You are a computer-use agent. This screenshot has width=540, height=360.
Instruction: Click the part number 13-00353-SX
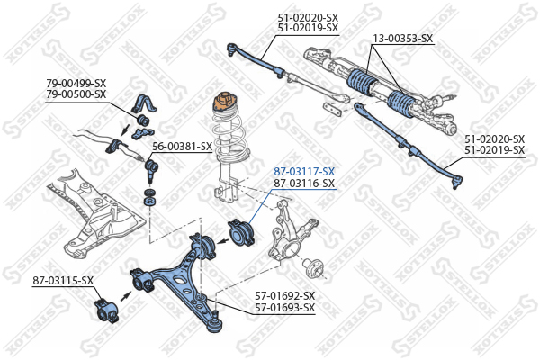pyautogui.click(x=403, y=39)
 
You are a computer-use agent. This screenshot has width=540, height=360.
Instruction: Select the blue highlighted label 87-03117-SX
pyautogui.click(x=304, y=171)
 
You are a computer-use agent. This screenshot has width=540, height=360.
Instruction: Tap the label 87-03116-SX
pyautogui.click(x=304, y=184)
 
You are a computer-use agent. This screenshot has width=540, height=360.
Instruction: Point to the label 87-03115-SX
pyautogui.click(x=63, y=281)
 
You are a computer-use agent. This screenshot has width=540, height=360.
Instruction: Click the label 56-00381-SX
pyautogui.click(x=182, y=147)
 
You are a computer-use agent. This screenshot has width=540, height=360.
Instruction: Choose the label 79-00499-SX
pyautogui.click(x=76, y=83)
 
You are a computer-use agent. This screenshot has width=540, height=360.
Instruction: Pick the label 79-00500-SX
pyautogui.click(x=76, y=94)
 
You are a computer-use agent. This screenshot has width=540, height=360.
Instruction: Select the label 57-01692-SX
pyautogui.click(x=284, y=295)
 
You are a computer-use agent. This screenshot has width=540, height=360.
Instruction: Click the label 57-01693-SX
pyautogui.click(x=284, y=308)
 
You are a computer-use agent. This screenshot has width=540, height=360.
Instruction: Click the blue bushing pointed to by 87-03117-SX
pyautogui.click(x=244, y=234)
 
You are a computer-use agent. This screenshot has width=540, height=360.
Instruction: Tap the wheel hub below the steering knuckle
pyautogui.click(x=313, y=266)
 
